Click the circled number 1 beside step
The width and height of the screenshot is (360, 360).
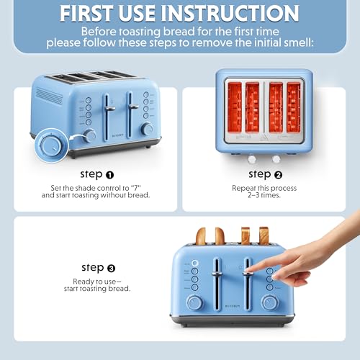pos(109,174)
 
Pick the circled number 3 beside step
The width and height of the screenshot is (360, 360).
pos(110,267)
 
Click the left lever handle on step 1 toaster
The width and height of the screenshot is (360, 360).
pos(109,108)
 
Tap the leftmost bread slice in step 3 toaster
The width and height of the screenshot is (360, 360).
pos(202,235)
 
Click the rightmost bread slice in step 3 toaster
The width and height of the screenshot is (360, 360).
pos(264,235)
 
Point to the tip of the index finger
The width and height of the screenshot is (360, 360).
pos(247,272)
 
